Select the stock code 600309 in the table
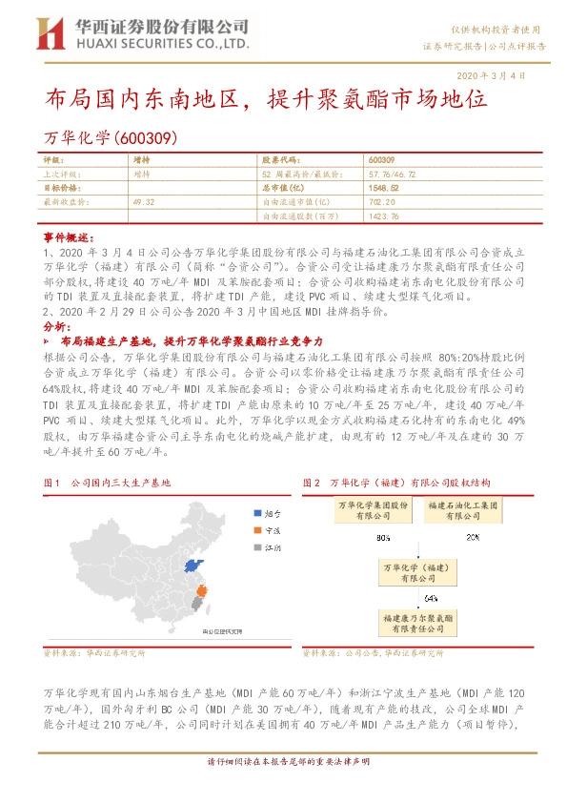[381, 160]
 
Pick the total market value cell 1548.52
[381, 189]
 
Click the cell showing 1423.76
[382, 216]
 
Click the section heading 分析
[56, 326]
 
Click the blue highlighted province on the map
[195, 567]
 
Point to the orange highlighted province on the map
[200, 596]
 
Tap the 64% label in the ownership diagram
[431, 598]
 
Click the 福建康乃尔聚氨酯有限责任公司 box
[432, 623]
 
